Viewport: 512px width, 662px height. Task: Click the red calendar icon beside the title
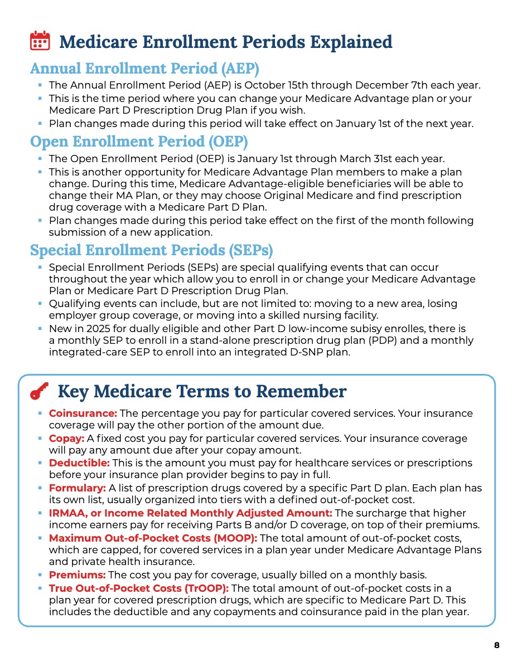(39, 42)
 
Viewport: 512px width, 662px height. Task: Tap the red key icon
(39, 392)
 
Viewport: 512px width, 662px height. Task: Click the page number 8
(496, 645)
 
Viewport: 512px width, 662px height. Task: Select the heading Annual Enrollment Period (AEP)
(144, 69)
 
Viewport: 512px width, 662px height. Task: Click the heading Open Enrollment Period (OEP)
(139, 141)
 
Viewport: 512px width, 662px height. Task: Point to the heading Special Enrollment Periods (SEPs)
(151, 250)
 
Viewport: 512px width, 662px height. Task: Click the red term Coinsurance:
(83, 413)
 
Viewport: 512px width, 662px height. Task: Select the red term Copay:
(66, 439)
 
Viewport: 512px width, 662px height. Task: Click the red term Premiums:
(78, 575)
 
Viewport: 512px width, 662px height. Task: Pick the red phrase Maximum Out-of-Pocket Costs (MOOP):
(153, 538)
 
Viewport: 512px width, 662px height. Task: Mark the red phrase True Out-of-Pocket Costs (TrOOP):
(139, 588)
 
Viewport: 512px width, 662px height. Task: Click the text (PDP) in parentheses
(375, 340)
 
